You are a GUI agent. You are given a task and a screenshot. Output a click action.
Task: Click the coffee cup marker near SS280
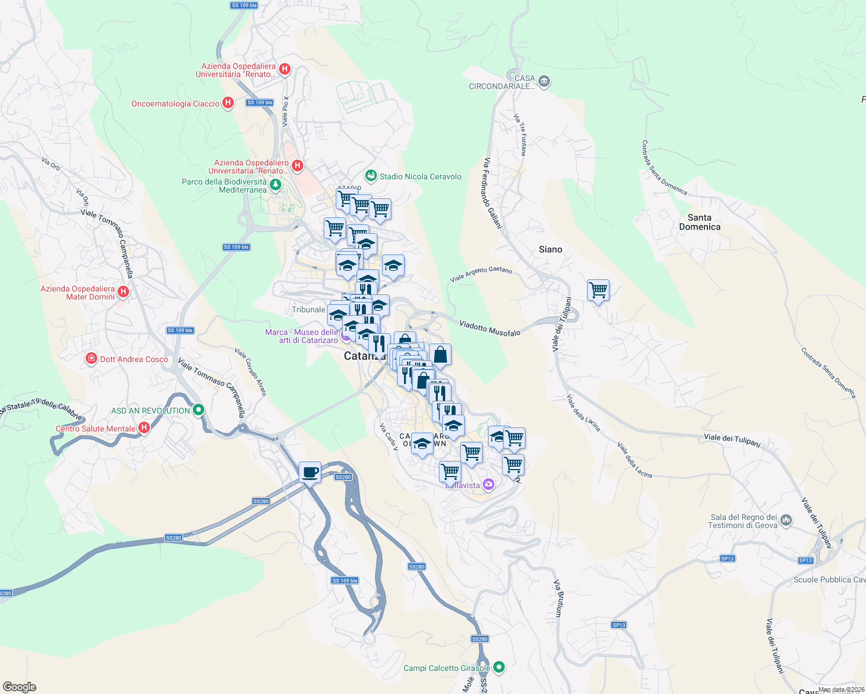pos(310,472)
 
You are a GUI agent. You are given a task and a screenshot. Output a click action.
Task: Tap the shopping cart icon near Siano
pos(598,289)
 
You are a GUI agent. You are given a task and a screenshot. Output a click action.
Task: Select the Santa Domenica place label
pos(699,222)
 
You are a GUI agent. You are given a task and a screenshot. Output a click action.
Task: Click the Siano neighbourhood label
pos(550,249)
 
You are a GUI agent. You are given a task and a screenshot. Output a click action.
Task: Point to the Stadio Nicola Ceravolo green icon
pos(370,175)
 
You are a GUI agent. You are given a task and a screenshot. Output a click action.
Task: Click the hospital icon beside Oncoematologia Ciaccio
pos(228,103)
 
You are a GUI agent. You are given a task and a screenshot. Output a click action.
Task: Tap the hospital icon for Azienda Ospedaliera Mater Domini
pos(123,291)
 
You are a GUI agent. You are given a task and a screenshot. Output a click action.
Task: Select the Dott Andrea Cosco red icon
pos(91,359)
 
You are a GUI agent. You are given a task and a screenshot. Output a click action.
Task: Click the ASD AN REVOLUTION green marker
pos(199,410)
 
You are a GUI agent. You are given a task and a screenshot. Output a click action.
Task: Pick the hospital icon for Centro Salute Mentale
pos(144,428)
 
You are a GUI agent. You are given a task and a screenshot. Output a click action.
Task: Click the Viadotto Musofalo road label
pos(490,328)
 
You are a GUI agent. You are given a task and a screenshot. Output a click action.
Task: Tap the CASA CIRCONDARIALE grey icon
pos(544,81)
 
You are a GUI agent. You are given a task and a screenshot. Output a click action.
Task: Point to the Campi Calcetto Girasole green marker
pos(499,667)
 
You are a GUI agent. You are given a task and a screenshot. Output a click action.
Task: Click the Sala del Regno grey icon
pos(786,520)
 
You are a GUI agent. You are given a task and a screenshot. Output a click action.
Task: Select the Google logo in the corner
pos(19,687)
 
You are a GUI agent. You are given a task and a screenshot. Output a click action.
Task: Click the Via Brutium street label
pos(558,598)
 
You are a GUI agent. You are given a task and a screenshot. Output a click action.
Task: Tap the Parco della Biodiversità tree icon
pos(276,184)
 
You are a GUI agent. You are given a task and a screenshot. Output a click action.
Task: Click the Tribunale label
pos(308,309)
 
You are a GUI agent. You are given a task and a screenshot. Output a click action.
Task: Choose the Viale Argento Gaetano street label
pos(480,274)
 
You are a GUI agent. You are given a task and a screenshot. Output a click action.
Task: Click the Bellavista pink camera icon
pos(488,484)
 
